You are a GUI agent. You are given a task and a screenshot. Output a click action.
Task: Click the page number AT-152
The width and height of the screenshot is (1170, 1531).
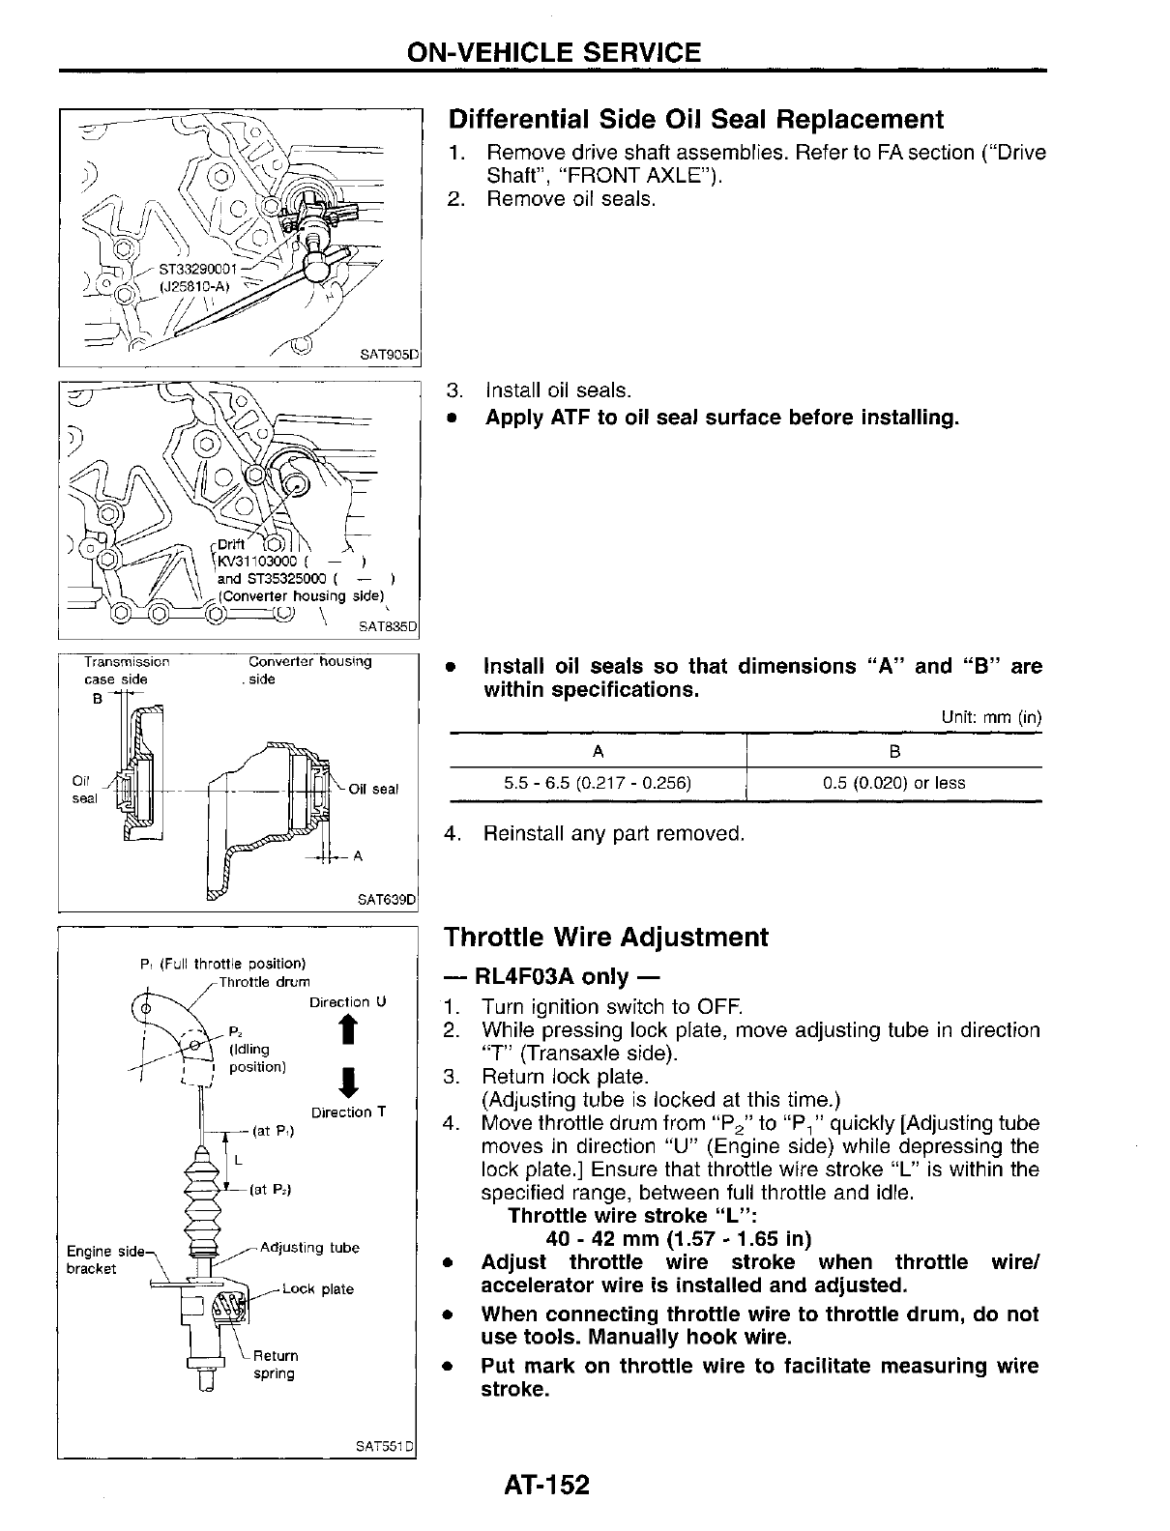[545, 1485]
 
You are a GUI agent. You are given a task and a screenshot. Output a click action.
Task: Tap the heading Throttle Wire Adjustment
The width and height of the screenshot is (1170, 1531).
[605, 938]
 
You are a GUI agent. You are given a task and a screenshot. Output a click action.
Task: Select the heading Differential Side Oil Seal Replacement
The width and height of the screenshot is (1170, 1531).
[694, 120]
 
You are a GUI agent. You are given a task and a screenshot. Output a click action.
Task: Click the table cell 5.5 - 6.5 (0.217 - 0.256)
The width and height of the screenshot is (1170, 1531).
[598, 783]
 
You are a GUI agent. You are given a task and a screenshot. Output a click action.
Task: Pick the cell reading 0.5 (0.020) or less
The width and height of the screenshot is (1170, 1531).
[893, 783]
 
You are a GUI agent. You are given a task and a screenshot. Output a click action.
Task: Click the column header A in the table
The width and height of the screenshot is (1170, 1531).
[598, 751]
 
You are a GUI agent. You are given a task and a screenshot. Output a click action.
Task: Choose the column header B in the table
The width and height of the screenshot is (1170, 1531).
[893, 751]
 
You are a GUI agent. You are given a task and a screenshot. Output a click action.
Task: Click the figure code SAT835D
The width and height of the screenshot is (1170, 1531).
[387, 626]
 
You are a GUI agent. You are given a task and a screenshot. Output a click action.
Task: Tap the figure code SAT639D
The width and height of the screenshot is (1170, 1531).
[387, 899]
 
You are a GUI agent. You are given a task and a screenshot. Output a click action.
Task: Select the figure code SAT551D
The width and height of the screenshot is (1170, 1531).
[385, 1446]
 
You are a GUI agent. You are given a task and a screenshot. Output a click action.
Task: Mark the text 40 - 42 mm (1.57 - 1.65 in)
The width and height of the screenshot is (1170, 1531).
[678, 1239]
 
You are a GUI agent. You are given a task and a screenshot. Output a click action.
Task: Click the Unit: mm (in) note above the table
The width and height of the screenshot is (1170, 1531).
[991, 718]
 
